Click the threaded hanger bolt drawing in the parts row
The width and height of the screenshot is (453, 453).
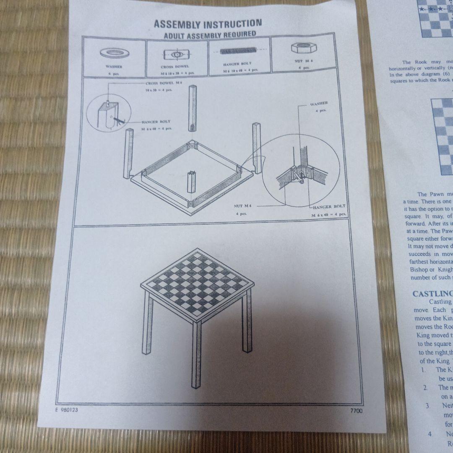(x=237, y=51)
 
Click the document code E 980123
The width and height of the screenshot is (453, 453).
(x=66, y=410)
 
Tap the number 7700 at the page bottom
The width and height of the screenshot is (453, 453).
(x=356, y=411)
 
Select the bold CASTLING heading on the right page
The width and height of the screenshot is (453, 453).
(x=432, y=294)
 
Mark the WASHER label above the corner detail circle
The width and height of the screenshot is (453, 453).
(x=319, y=103)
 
